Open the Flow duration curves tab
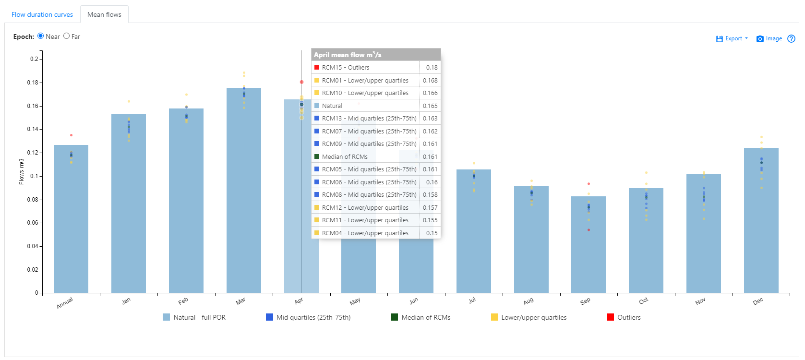point(42,15)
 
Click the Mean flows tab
point(104,15)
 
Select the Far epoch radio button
point(67,36)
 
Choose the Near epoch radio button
point(41,36)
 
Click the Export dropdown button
point(732,39)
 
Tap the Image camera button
point(769,39)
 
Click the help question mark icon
point(792,39)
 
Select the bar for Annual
point(71,221)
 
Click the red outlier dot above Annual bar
point(72,135)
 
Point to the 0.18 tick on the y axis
point(33,83)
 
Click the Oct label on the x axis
point(644,301)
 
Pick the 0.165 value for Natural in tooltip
point(430,106)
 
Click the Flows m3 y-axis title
point(22,171)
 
